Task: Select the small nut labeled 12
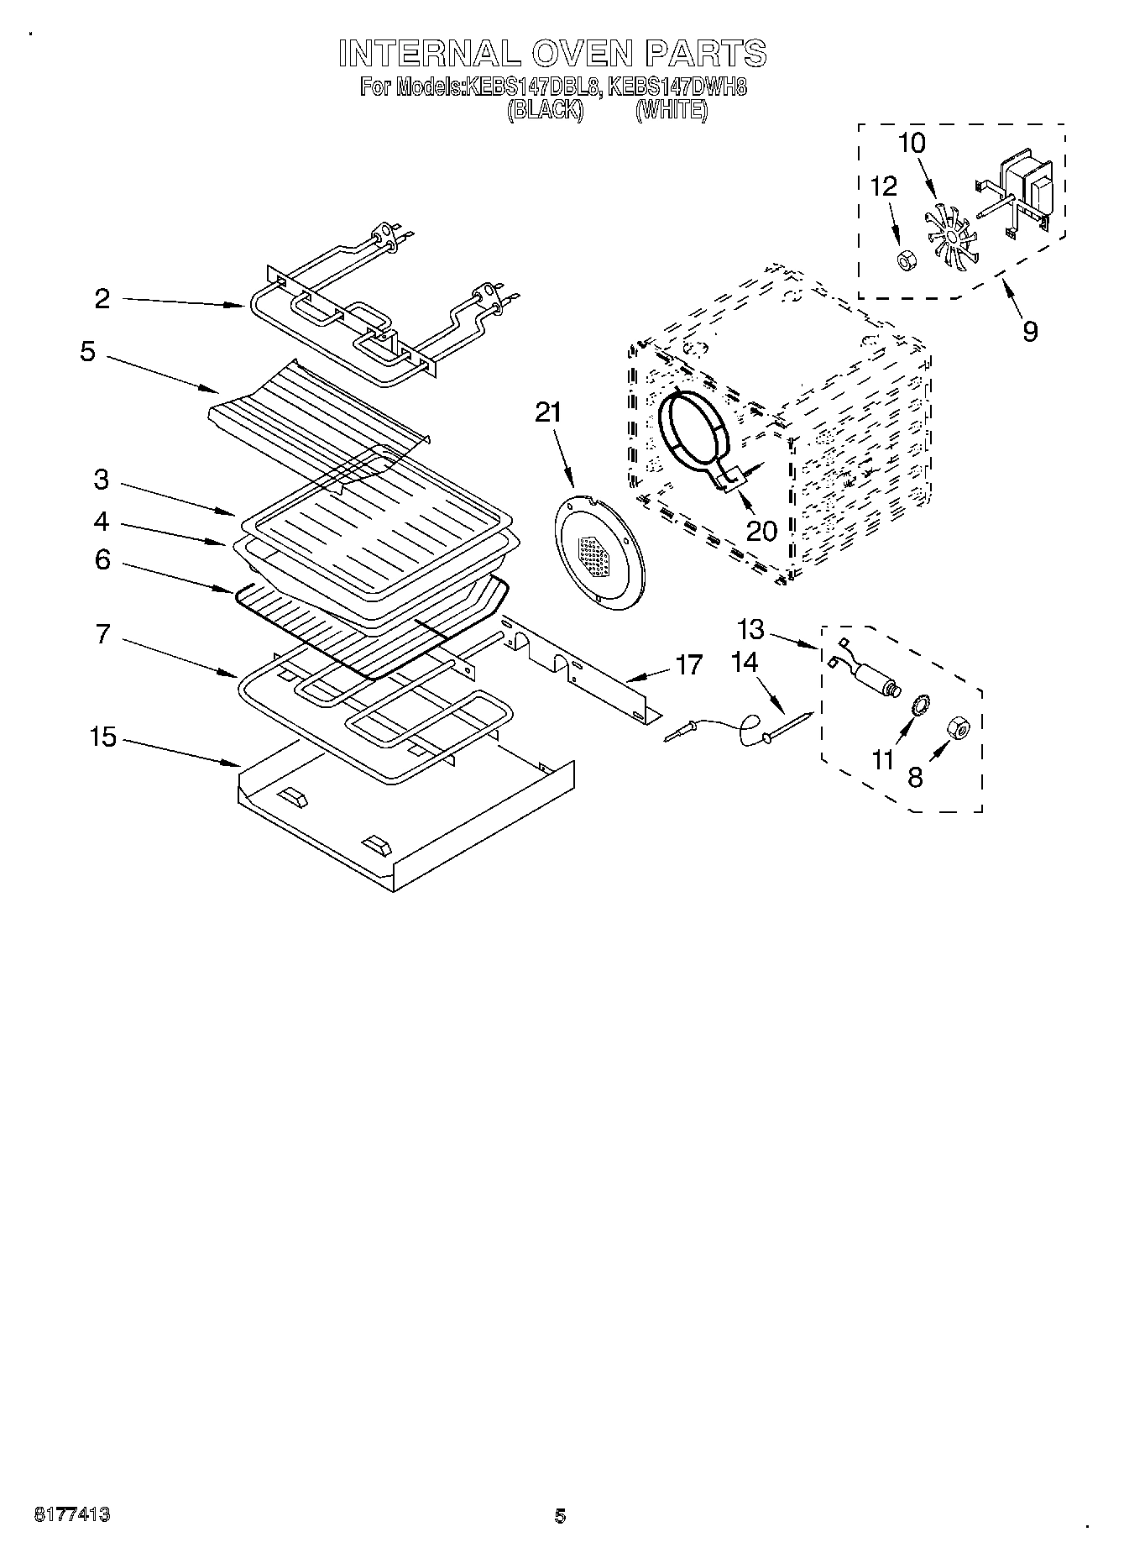(906, 260)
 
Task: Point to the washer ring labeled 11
(919, 704)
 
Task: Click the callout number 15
(102, 738)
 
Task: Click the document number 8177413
(72, 1515)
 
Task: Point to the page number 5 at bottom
(560, 1516)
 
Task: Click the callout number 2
(102, 299)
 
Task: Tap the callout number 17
(688, 665)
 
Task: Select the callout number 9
(1030, 331)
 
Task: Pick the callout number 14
(744, 663)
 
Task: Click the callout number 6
(102, 559)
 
